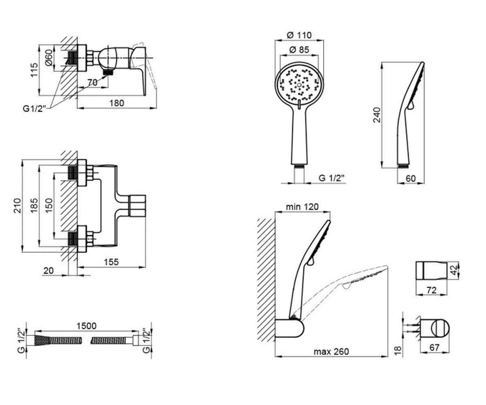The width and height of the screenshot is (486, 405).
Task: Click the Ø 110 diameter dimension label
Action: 299,35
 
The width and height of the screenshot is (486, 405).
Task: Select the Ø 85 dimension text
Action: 299,49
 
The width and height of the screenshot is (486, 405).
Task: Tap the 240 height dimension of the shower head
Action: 377,115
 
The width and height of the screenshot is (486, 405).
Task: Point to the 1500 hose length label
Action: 86,326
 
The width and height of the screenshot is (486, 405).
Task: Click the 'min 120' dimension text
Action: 302,207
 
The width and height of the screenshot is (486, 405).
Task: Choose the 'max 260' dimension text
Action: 331,352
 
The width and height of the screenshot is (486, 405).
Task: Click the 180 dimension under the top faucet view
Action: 117,103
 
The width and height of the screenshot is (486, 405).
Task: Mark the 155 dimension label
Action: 111,262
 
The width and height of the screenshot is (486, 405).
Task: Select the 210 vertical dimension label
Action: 18,205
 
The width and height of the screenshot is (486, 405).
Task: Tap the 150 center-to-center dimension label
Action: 49,205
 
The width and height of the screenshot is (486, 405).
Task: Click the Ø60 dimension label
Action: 49,58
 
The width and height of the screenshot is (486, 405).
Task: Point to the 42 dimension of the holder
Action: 454,270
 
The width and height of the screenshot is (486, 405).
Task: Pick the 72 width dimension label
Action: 431,290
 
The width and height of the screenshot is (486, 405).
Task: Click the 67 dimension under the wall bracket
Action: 434,347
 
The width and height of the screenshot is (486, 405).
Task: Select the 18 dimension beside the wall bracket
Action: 398,351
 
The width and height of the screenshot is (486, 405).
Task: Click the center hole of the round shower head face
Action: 299,85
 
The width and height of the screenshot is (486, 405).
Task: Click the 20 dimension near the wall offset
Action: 49,271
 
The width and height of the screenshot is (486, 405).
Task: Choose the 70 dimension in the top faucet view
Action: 92,82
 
